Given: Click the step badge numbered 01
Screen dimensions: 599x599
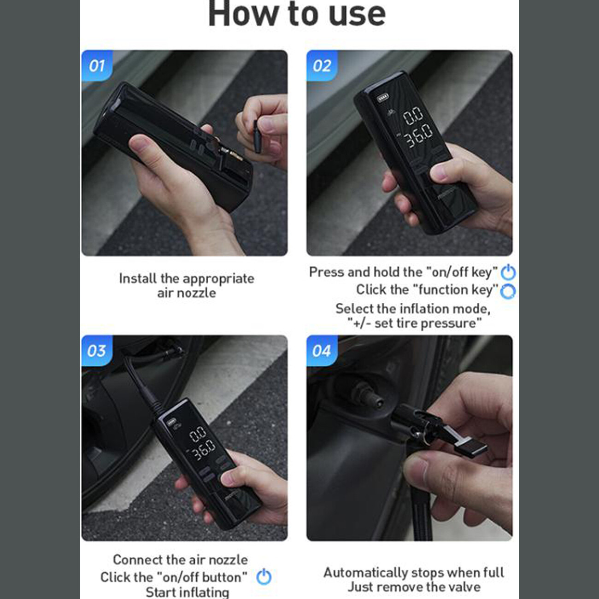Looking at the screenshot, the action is (97, 65).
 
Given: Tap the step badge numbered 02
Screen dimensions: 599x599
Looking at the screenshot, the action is (322, 65).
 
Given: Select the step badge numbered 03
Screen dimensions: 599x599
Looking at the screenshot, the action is (97, 351).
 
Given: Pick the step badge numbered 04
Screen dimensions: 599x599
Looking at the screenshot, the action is (322, 351).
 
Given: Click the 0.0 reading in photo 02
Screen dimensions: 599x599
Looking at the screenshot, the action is (413, 116).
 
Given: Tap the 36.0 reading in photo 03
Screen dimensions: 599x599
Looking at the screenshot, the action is (204, 450).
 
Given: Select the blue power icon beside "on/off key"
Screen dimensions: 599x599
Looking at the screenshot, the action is (508, 272).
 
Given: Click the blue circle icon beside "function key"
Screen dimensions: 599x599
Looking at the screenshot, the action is (508, 291).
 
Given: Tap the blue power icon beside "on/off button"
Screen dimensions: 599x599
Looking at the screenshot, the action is (264, 576).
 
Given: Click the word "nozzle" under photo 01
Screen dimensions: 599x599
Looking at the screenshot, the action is (196, 293).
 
